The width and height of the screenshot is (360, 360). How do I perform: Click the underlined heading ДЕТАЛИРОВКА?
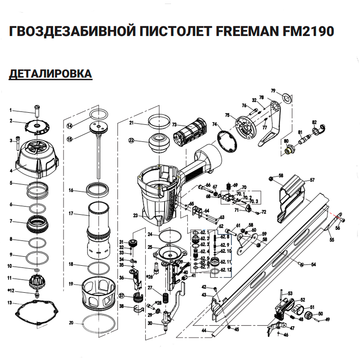point(50,74)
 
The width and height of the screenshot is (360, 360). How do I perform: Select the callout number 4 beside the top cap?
point(11,171)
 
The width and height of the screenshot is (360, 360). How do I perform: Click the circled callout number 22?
point(131,140)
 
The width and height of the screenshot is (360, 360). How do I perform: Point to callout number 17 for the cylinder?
point(71,213)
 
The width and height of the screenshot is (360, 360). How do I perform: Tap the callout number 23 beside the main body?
point(135,216)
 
